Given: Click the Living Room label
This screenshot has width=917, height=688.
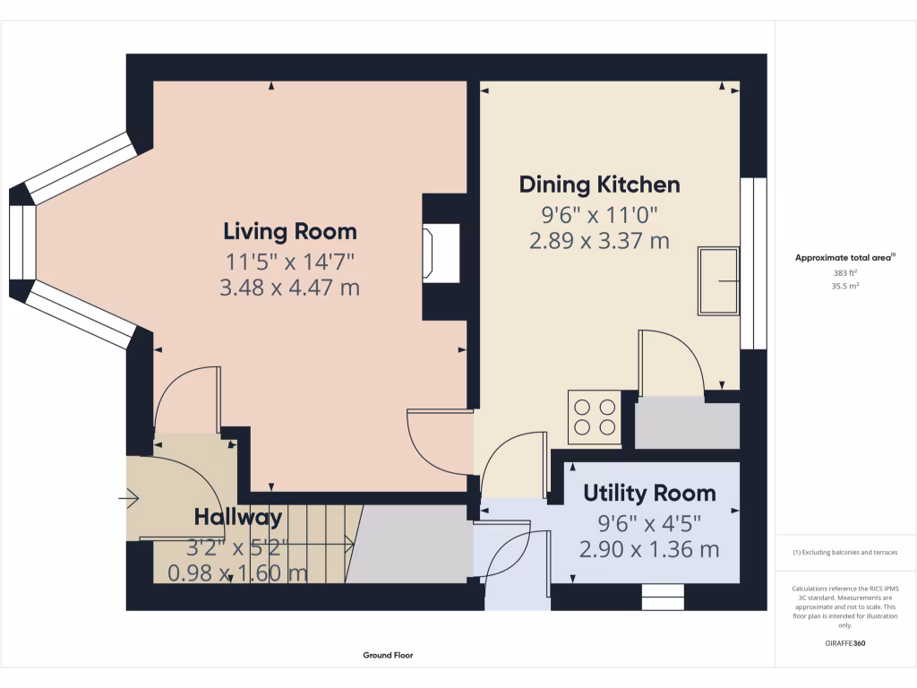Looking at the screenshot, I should (289, 231).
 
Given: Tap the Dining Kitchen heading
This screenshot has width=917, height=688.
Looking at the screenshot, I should (599, 185).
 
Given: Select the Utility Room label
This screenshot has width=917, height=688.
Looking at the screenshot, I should (649, 493).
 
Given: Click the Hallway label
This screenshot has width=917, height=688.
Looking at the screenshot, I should (238, 517).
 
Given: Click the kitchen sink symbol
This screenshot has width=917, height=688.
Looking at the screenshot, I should (718, 281).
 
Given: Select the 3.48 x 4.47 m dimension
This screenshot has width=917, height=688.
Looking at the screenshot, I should (289, 288).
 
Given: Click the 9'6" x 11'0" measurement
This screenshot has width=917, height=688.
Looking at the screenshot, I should (599, 214).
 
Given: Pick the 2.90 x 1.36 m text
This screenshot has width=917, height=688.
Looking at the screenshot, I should (649, 549).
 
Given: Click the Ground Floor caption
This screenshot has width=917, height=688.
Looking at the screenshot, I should (388, 655).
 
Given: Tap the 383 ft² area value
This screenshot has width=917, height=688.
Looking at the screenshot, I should (845, 272).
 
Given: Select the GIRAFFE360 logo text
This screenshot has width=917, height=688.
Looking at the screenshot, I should (845, 643).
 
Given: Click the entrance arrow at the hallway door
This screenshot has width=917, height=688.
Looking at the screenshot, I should (131, 495).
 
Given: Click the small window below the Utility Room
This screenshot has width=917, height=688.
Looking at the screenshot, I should (663, 597).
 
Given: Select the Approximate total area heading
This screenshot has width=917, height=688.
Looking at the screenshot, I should (845, 257).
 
